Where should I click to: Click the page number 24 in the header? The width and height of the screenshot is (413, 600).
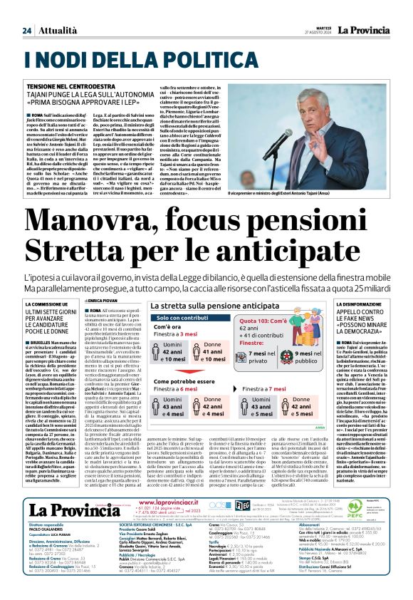point(27,11)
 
